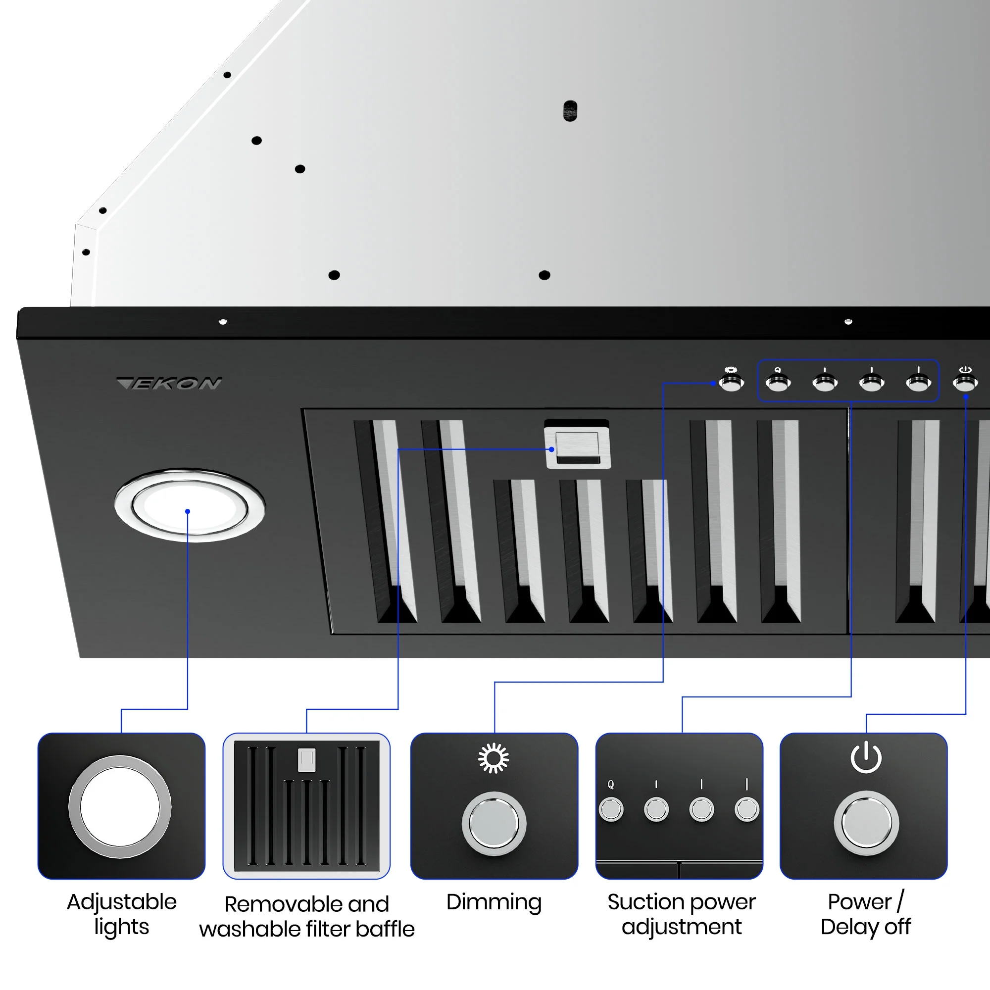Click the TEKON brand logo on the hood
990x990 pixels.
click(x=169, y=383)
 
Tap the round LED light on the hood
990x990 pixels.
click(x=190, y=506)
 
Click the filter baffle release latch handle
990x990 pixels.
click(x=578, y=445)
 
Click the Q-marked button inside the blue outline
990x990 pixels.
click(x=778, y=382)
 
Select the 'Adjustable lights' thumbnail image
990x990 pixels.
click(x=121, y=806)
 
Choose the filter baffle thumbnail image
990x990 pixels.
click(x=306, y=806)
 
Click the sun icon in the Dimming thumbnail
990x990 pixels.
click(x=494, y=758)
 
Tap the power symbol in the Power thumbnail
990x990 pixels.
click(x=866, y=757)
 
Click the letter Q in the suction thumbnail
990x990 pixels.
click(x=610, y=784)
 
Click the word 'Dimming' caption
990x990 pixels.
click(x=494, y=902)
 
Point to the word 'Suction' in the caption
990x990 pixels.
click(x=644, y=902)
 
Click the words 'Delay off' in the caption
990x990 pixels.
click(x=865, y=927)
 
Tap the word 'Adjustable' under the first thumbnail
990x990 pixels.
click(x=121, y=902)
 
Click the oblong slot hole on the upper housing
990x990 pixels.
click(x=570, y=111)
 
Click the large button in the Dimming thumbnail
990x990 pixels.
click(x=494, y=824)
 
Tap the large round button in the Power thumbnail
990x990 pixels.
click(x=866, y=823)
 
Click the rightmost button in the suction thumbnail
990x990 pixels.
click(x=746, y=810)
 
